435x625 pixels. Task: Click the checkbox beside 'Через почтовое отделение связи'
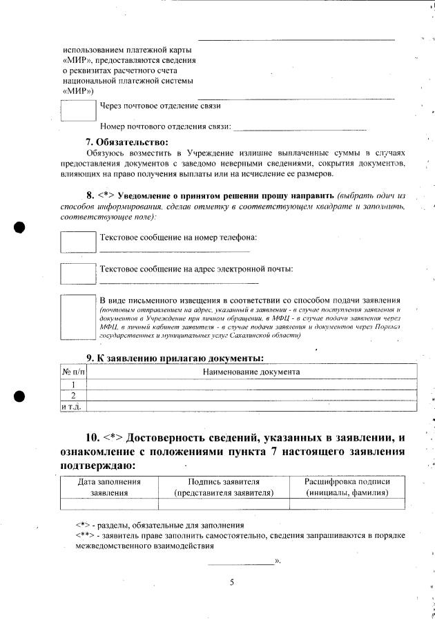pyautogui.click(x=78, y=110)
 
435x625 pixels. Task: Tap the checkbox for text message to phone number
pyautogui.click(x=78, y=242)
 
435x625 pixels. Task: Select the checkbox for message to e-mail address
pyautogui.click(x=78, y=273)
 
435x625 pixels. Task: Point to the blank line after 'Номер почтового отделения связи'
pyautogui.click(x=300, y=128)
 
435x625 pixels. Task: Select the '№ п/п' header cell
pyautogui.click(x=73, y=372)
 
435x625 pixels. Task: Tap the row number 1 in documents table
pyautogui.click(x=73, y=384)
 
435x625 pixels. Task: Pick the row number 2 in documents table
pyautogui.click(x=73, y=395)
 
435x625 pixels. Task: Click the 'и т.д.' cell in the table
pyautogui.click(x=73, y=406)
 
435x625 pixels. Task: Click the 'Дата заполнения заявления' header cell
pyautogui.click(x=110, y=487)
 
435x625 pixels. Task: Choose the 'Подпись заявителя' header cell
pyautogui.click(x=224, y=487)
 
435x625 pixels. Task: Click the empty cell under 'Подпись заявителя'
pyautogui.click(x=224, y=503)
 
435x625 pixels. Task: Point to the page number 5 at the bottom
pyautogui.click(x=232, y=581)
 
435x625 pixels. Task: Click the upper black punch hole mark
pyautogui.click(x=20, y=227)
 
